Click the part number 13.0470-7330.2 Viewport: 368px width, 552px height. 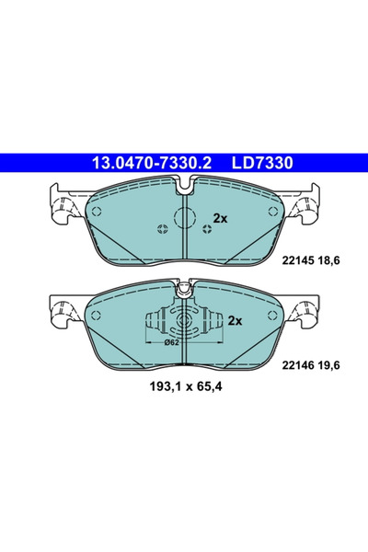(x=151, y=163)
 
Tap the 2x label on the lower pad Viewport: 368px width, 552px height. (x=234, y=321)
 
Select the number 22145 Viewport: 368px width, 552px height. (x=294, y=261)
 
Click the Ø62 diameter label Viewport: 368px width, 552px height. (x=171, y=343)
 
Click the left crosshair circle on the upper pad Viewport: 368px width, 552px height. (x=164, y=230)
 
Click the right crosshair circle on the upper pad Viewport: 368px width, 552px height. (x=207, y=230)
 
